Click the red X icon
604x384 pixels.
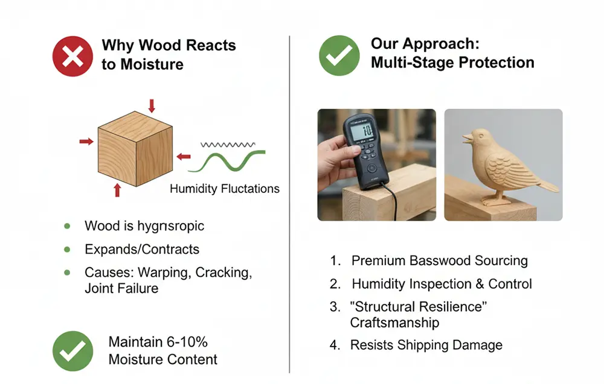click(73, 55)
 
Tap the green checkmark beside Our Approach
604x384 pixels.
click(339, 55)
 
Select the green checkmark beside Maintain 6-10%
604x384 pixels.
click(73, 350)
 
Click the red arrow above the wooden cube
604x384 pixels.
click(152, 105)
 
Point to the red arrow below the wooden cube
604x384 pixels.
click(117, 190)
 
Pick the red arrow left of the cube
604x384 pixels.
click(86, 141)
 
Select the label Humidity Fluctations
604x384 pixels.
click(225, 189)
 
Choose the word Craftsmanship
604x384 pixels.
click(394, 323)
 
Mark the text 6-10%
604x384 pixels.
click(186, 342)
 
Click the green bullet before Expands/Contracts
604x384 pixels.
click(67, 250)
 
